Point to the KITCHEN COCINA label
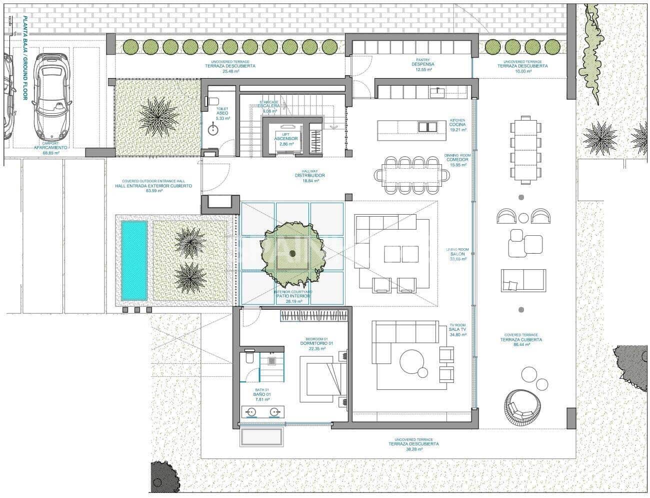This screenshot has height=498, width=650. [x=457, y=125]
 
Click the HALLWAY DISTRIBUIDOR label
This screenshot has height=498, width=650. [x=309, y=176]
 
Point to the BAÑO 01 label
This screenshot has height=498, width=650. [x=261, y=394]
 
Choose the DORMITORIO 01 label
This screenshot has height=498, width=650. [x=316, y=343]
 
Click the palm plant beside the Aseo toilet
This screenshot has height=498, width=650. [x=157, y=117]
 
